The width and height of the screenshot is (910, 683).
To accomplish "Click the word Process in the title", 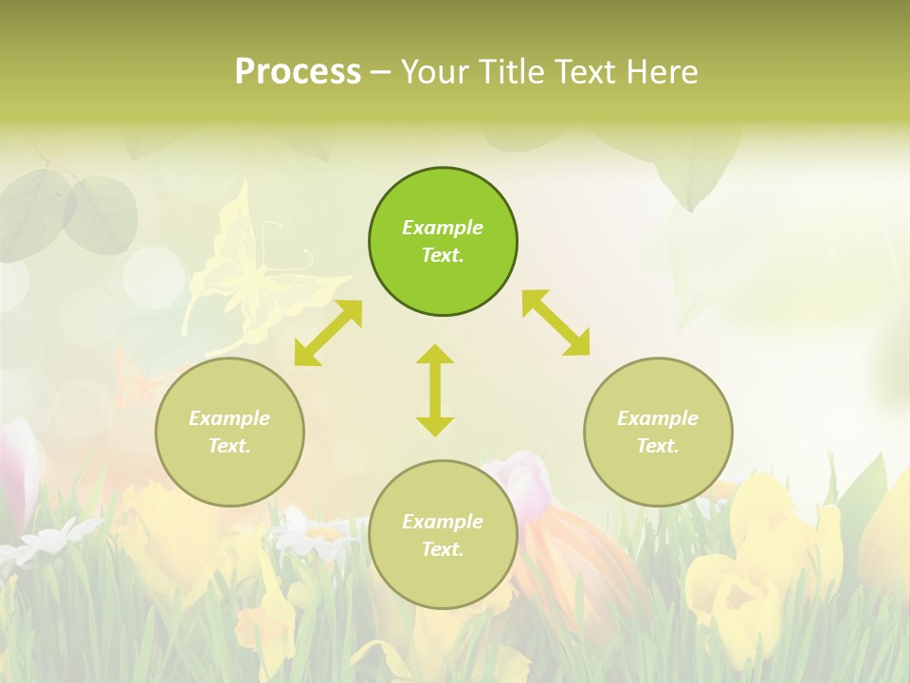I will tap(298, 72).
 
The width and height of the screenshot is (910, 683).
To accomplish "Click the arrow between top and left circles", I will tap(328, 333).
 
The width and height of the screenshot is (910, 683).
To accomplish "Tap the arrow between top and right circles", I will tap(555, 323).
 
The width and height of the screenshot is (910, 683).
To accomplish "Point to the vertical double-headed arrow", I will tap(435, 391).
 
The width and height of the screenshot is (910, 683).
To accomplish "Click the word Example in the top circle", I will tap(443, 228).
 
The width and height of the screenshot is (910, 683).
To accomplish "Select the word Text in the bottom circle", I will tap(443, 549).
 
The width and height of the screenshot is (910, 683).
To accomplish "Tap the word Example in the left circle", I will tap(229, 418).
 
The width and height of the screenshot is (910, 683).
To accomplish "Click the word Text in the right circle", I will tap(658, 446).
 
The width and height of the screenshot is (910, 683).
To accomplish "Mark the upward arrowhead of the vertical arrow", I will tap(435, 356).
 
